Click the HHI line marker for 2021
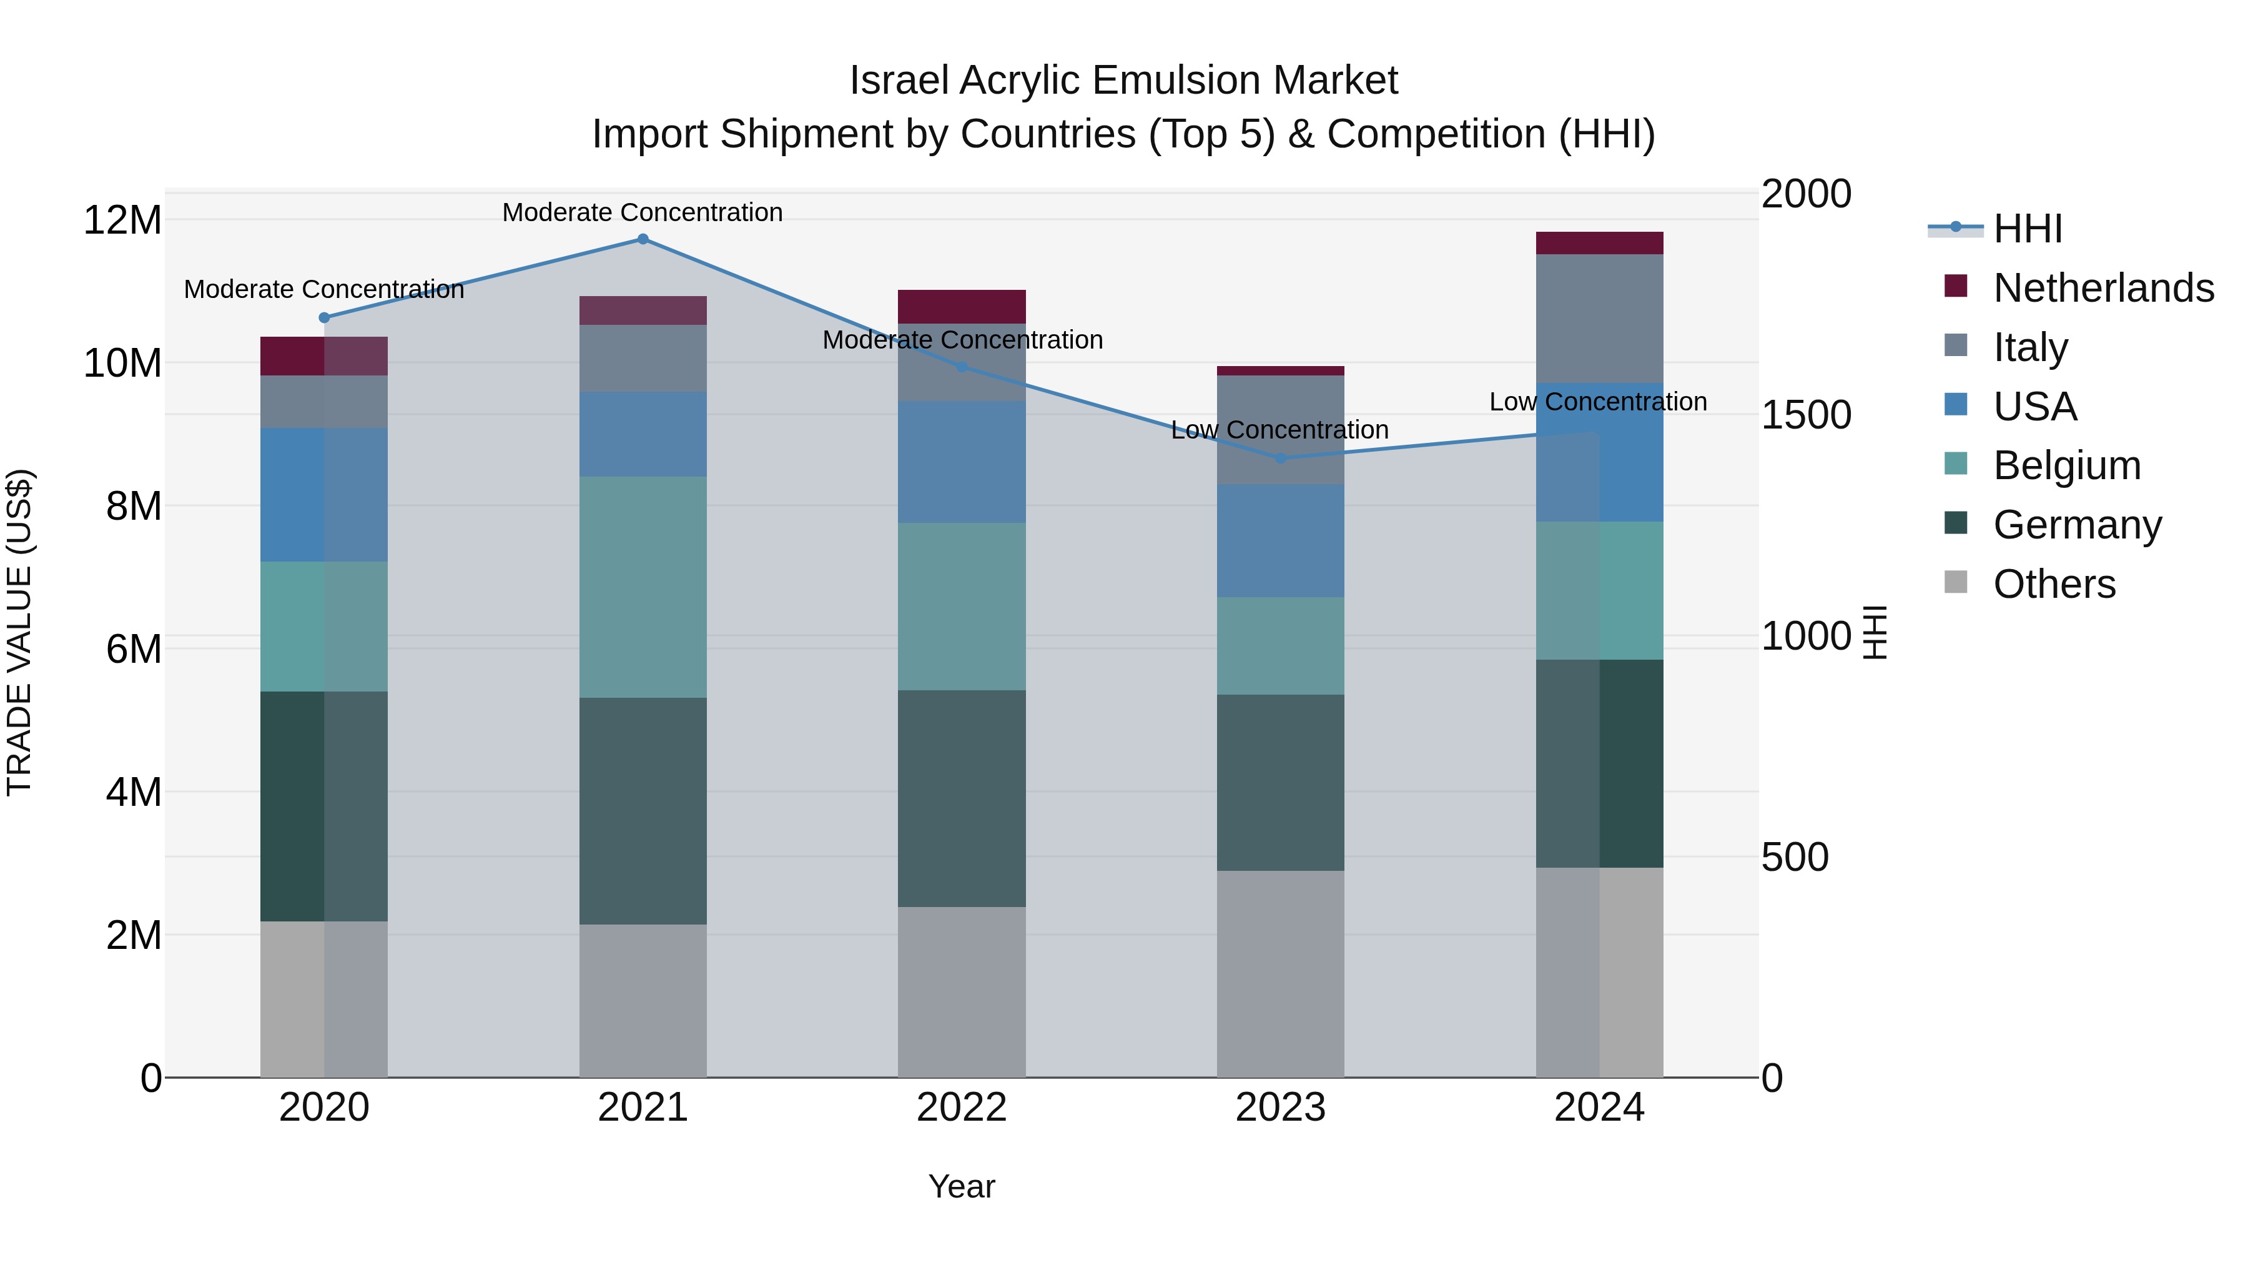pyautogui.click(x=643, y=239)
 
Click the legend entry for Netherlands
pyautogui.click(x=2103, y=288)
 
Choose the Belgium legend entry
pyautogui.click(x=2066, y=465)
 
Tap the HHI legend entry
pyautogui.click(x=2026, y=229)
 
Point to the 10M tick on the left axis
pyautogui.click(x=122, y=363)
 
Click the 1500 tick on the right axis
pyautogui.click(x=1805, y=415)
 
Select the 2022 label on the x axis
pyautogui.click(x=962, y=1108)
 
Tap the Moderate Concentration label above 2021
pyautogui.click(x=643, y=212)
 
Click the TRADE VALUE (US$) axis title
pyautogui.click(x=19, y=632)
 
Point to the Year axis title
pyautogui.click(x=961, y=1186)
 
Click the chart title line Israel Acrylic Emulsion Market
pyautogui.click(x=1123, y=81)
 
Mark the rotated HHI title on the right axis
pyautogui.click(x=1875, y=632)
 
